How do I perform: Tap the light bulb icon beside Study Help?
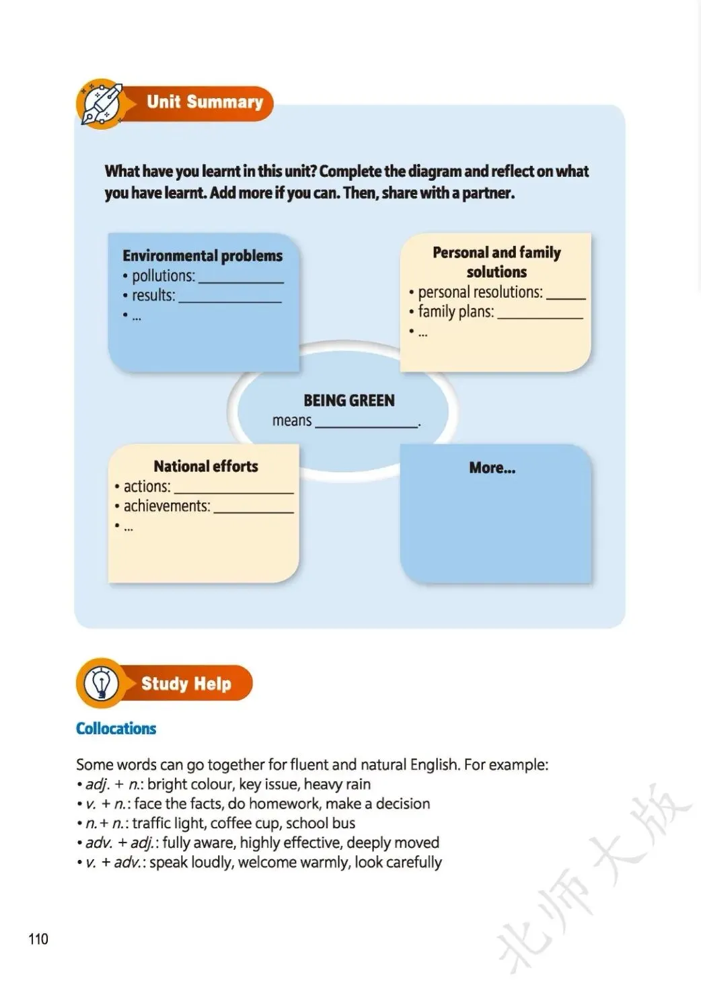pos(101,684)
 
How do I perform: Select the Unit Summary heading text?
pos(205,102)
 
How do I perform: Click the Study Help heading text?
pos(186,684)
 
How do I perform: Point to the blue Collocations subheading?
pos(116,729)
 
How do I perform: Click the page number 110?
pos(38,939)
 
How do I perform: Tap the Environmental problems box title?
pos(202,256)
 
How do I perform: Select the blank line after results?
pos(229,301)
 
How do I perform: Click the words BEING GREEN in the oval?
pos(348,401)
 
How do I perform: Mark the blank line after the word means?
pos(367,426)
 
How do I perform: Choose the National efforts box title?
pos(206,467)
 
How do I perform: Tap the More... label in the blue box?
pos(492,468)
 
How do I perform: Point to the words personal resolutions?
pos(480,292)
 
